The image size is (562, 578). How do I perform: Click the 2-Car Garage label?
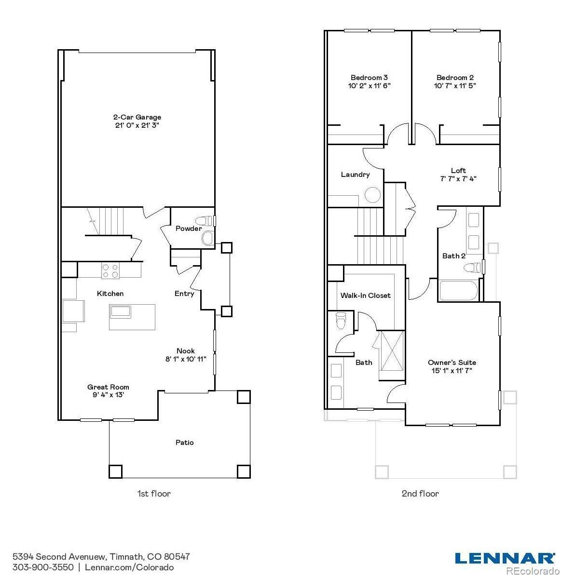coord(137,117)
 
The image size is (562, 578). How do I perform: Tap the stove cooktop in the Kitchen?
coord(110,271)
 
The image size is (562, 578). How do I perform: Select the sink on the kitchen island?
coord(120,311)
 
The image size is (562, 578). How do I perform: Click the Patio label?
coord(184,443)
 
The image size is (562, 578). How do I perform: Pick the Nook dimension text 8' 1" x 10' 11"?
coord(186,359)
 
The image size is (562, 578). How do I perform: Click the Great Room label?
coord(108,387)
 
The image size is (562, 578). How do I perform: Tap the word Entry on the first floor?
coord(184,294)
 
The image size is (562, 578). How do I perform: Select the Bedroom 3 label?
coord(369,78)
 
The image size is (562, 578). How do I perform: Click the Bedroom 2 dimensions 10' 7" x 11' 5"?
coord(455,86)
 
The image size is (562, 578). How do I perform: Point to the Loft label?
coord(458,171)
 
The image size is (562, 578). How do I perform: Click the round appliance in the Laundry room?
coord(372,195)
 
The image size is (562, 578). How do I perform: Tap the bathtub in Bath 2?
coord(458,291)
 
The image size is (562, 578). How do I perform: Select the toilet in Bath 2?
coord(473,267)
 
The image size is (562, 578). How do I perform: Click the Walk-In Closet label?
coord(366,295)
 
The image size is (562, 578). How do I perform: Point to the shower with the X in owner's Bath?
coord(392,350)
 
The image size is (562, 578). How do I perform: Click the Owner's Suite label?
coord(452,363)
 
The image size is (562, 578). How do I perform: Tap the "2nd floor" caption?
coord(420,494)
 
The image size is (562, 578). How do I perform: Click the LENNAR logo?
coord(505,558)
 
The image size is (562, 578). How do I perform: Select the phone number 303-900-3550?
coord(43,567)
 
